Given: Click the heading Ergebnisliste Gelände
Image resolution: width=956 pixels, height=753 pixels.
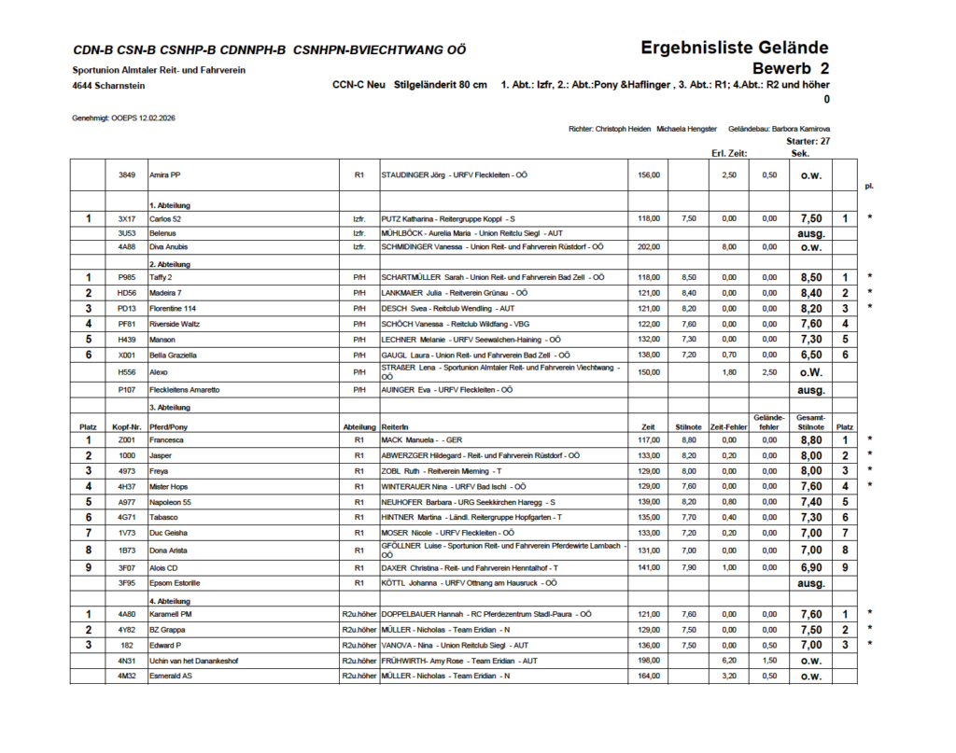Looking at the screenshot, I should tap(734, 49).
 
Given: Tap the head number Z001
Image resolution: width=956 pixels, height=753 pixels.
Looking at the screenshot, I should tap(127, 439).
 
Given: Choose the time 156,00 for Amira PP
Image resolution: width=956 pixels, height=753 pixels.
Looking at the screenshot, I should tap(648, 174).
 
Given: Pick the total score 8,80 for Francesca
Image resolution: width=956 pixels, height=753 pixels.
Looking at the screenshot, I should tap(810, 439).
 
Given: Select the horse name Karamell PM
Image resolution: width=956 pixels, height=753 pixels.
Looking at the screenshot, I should tap(171, 614).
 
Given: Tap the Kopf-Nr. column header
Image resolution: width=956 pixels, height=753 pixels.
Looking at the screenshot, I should tap(127, 426).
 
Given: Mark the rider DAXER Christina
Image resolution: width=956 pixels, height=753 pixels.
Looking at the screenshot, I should tap(411, 567).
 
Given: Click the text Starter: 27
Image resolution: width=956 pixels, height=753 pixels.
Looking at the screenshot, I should tap(808, 141).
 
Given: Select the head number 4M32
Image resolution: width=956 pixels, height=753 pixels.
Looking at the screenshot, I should tap(127, 676).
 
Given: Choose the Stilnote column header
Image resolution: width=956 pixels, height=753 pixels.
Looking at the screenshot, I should tap(688, 426).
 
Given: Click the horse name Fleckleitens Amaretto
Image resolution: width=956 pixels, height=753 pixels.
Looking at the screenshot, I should tap(185, 389).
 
